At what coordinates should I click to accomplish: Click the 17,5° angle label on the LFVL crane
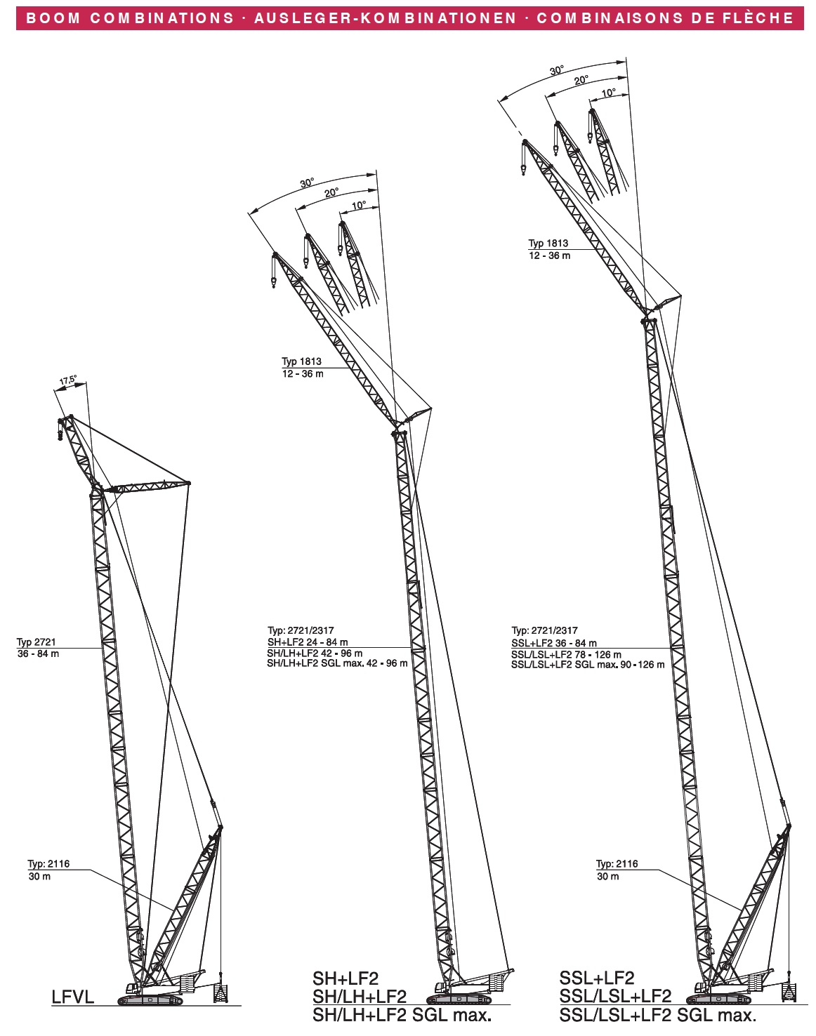pos(68,380)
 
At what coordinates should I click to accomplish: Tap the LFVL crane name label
pos(72,997)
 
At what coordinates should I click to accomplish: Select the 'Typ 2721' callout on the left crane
pos(37,642)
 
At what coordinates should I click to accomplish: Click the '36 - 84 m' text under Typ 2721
pos(38,654)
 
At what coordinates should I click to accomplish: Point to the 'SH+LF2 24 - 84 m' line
pos(308,642)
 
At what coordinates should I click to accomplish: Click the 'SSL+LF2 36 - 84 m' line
pos(554,643)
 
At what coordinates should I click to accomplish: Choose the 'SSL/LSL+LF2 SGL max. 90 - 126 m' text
pos(588,665)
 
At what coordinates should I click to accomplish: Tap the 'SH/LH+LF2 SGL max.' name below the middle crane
pos(402,1015)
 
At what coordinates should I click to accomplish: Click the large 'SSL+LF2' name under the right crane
pos(597,978)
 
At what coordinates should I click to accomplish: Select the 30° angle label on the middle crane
pos(308,183)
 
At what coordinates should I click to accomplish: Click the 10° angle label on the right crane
pos(609,93)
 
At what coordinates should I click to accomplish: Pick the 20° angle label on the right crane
pos(581,81)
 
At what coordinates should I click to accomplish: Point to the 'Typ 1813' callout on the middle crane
pos(302,361)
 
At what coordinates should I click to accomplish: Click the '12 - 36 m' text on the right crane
pos(550,256)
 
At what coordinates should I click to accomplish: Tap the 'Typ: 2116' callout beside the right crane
pos(617,864)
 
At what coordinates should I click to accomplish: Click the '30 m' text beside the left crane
pos(39,877)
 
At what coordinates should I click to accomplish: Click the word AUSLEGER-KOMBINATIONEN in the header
pos(385,18)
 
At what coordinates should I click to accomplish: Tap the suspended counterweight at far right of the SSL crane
pos(790,990)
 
